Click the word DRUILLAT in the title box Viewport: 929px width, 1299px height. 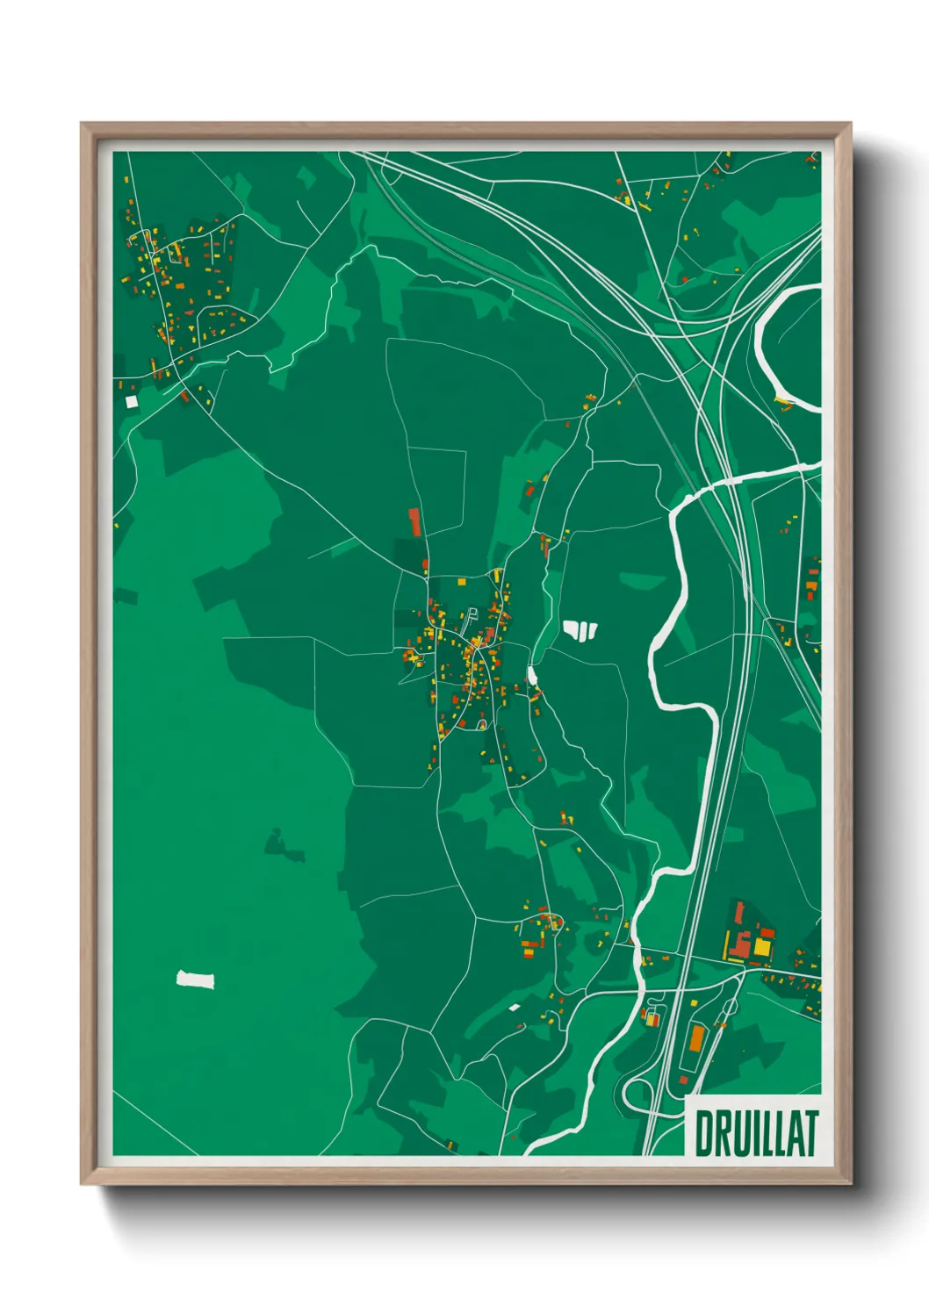(756, 1133)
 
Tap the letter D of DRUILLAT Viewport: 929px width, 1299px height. (704, 1133)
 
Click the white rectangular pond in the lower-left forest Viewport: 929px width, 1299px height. (196, 979)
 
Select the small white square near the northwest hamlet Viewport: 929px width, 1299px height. (132, 401)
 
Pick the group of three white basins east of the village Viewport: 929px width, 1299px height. (580, 629)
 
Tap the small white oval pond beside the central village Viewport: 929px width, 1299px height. (531, 675)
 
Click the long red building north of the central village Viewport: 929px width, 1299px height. (414, 521)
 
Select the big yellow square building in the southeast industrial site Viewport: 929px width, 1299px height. (761, 948)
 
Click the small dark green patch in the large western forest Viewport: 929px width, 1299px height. (284, 844)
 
